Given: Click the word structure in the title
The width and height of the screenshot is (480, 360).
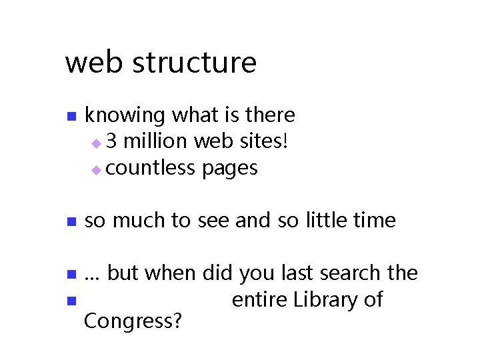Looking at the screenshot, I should (194, 63).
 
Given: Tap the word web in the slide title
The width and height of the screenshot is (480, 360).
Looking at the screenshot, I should (93, 63).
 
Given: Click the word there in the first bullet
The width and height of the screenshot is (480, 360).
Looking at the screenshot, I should (270, 115).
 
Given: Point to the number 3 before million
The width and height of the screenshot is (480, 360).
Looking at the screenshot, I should (111, 142).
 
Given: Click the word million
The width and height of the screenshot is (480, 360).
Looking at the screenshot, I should (157, 142).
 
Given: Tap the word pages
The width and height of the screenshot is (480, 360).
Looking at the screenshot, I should (229, 169).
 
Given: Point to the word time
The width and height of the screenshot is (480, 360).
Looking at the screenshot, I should (377, 220).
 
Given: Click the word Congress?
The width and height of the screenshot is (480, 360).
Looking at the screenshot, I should (133, 322).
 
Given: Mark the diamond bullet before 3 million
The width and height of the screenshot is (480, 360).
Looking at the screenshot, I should (97, 143).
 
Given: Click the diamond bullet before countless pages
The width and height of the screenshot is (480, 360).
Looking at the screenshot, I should (97, 170).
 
